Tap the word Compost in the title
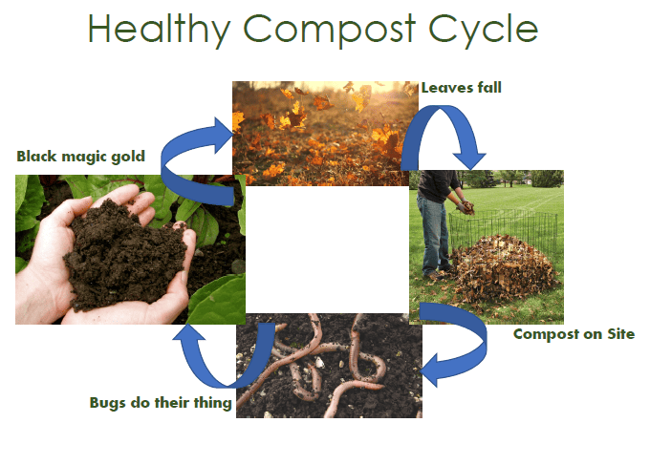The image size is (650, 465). (x=329, y=29)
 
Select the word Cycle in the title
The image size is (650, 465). (x=483, y=29)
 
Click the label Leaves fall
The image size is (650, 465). (x=462, y=88)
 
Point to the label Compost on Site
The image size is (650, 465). (x=574, y=334)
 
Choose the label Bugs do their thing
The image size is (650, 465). (x=161, y=403)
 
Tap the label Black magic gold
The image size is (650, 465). (x=81, y=156)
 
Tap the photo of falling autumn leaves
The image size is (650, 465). (x=325, y=134)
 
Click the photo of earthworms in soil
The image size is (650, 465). (x=329, y=365)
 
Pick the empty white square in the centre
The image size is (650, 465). (x=328, y=249)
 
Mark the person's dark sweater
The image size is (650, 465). (x=437, y=185)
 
